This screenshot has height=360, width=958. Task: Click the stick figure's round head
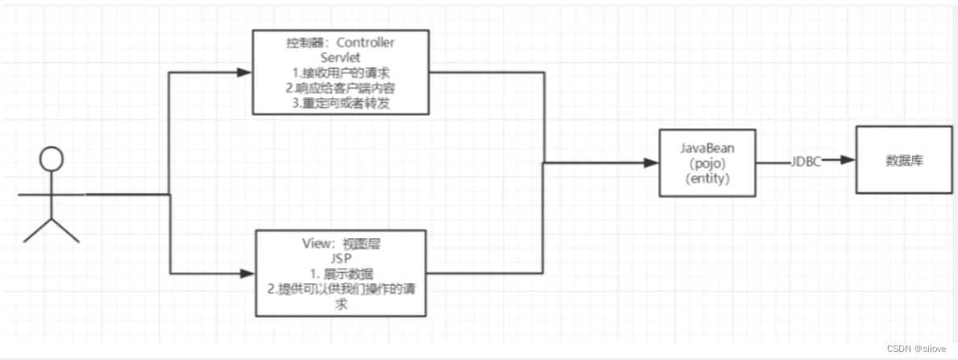tap(52, 159)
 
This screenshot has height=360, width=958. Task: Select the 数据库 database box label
tap(904, 159)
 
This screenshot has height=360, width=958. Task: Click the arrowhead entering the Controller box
tap(245, 72)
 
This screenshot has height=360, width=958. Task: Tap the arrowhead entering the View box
tap(247, 274)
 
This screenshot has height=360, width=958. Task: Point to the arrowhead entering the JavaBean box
tap(652, 163)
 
